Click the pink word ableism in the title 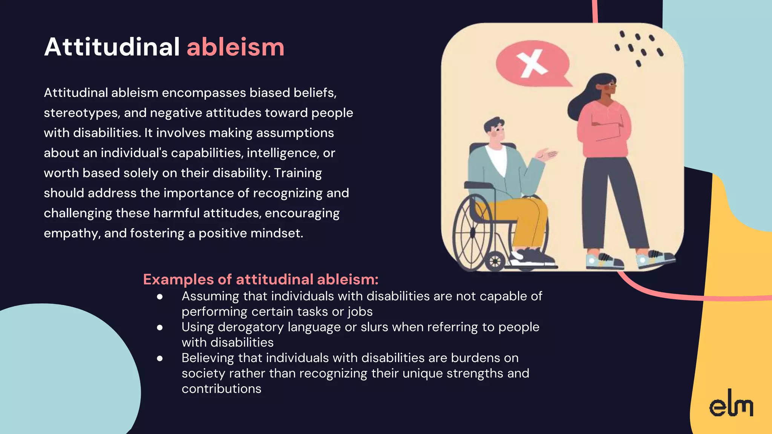click(x=236, y=47)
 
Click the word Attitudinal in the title click(x=112, y=47)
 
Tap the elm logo click(x=731, y=404)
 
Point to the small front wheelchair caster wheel click(x=495, y=261)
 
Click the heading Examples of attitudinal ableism click(x=260, y=280)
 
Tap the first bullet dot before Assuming click(x=160, y=297)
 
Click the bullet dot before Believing click(x=160, y=358)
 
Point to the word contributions click(x=221, y=389)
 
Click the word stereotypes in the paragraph click(x=81, y=113)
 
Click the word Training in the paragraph click(x=298, y=173)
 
